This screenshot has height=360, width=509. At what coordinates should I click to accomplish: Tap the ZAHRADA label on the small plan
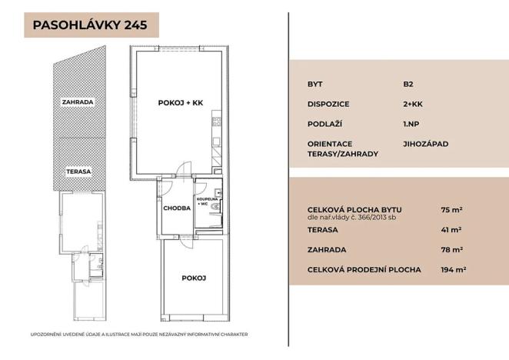[x=78, y=101]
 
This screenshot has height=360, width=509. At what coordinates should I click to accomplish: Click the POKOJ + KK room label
[x=180, y=102]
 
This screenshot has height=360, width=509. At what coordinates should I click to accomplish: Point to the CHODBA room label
[x=176, y=208]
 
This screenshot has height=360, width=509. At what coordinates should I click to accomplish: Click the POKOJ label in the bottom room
[x=192, y=278]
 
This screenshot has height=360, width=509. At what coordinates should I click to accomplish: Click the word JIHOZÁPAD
[x=425, y=143]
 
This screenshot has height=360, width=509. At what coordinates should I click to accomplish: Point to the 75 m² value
[x=451, y=208]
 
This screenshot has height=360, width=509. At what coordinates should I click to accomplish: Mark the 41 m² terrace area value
[x=451, y=229]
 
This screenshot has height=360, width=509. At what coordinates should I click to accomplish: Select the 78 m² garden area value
[x=451, y=249]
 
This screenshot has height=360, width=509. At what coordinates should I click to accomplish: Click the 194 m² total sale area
[x=454, y=269]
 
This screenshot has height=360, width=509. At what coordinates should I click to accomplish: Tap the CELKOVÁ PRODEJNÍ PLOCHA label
[x=364, y=269]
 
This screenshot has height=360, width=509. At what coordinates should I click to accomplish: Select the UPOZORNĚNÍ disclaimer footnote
[x=138, y=335]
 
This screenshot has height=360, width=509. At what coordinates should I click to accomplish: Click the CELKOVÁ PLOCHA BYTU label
[x=353, y=208]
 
